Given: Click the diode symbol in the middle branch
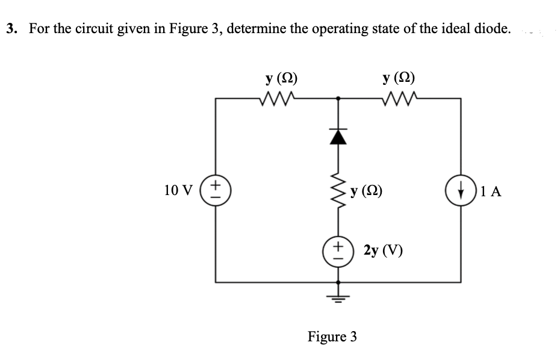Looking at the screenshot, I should pos(338,138).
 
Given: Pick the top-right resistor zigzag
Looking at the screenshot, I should pos(399,98).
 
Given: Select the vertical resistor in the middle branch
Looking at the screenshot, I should pos(338,194).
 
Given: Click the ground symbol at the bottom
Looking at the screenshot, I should pos(338,298).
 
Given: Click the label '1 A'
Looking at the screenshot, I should pos(491,192).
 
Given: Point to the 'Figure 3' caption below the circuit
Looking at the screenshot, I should pos(332,337).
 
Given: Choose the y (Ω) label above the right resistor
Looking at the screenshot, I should pos(399,78).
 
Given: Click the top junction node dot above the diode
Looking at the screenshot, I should pos(338,98).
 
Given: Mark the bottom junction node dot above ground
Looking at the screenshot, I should pos(338,282).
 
